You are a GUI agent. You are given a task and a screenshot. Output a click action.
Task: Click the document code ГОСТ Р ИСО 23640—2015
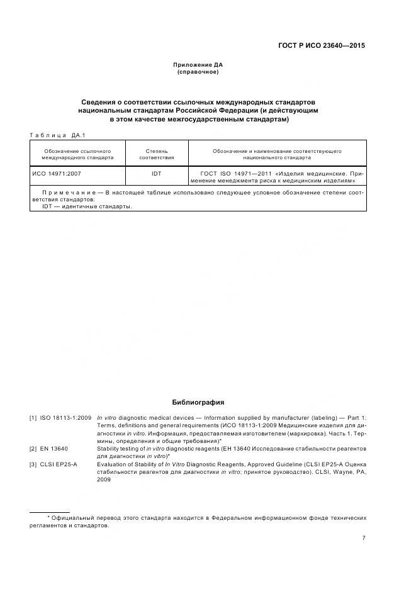point(322,46)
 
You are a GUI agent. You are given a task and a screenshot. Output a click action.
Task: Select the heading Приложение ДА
point(198,65)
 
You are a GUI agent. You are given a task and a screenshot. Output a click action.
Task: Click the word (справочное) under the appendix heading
point(198,72)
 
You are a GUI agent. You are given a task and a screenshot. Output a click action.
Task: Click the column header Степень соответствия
point(157,155)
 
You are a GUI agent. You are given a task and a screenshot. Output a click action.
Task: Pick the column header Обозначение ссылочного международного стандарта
point(77,155)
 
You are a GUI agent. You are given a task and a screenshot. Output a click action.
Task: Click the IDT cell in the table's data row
point(157,172)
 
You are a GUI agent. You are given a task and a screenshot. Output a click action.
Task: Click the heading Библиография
point(198,402)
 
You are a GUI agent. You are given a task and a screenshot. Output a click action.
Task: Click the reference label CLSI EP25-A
point(59,464)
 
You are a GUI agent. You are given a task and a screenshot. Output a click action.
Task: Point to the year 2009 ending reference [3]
point(104,479)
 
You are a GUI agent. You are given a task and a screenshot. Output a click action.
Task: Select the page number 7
point(364,538)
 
